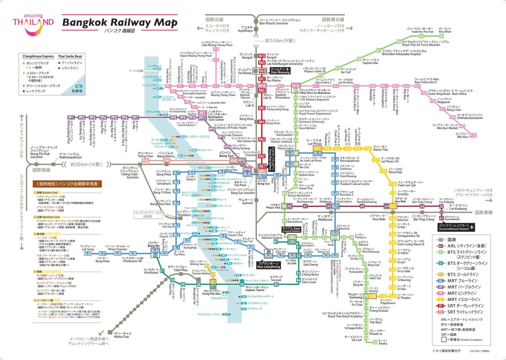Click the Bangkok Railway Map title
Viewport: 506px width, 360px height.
click(119, 23)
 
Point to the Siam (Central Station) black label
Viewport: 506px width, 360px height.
click(292, 230)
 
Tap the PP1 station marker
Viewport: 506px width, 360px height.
click(72, 117)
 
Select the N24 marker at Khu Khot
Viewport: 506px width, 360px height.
click(442, 36)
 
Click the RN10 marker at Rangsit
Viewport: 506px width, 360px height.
click(262, 56)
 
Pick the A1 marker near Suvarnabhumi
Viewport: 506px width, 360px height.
click(442, 218)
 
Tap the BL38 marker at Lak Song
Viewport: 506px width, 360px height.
click(88, 253)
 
